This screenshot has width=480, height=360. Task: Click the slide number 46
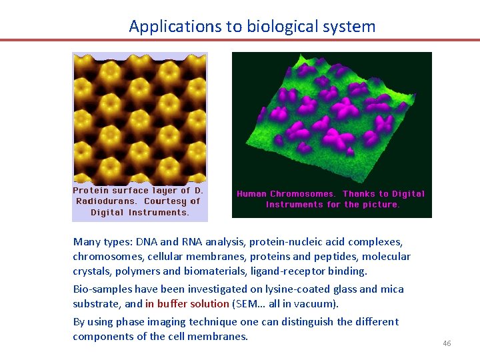447,343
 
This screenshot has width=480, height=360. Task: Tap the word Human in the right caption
251,194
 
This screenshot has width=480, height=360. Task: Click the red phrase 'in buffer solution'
187,304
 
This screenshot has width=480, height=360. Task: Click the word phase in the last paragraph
131,321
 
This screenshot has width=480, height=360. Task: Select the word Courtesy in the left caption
166,201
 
